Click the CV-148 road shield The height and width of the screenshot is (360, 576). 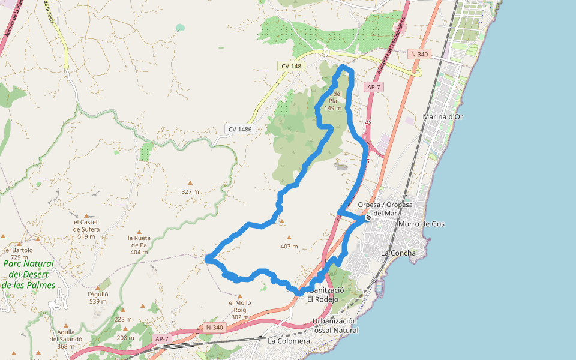(291, 66)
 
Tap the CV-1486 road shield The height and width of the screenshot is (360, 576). (241, 129)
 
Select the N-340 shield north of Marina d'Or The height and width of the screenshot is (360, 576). (419, 54)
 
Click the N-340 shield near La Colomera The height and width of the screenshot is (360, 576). (214, 328)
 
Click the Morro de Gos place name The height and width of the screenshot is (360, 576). (421, 224)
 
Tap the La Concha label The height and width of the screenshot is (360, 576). (398, 253)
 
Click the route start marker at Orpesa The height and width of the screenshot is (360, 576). (368, 218)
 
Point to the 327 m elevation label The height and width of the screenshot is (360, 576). (190, 191)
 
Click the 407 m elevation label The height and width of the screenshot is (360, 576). (289, 247)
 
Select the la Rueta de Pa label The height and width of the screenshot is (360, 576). (138, 244)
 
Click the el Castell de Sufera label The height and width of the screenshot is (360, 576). (86, 229)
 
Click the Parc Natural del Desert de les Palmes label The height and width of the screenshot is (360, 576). (28, 274)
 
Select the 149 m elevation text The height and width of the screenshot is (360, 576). (333, 109)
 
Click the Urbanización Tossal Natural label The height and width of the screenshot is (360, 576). (335, 325)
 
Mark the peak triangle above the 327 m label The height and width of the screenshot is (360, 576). (190, 183)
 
